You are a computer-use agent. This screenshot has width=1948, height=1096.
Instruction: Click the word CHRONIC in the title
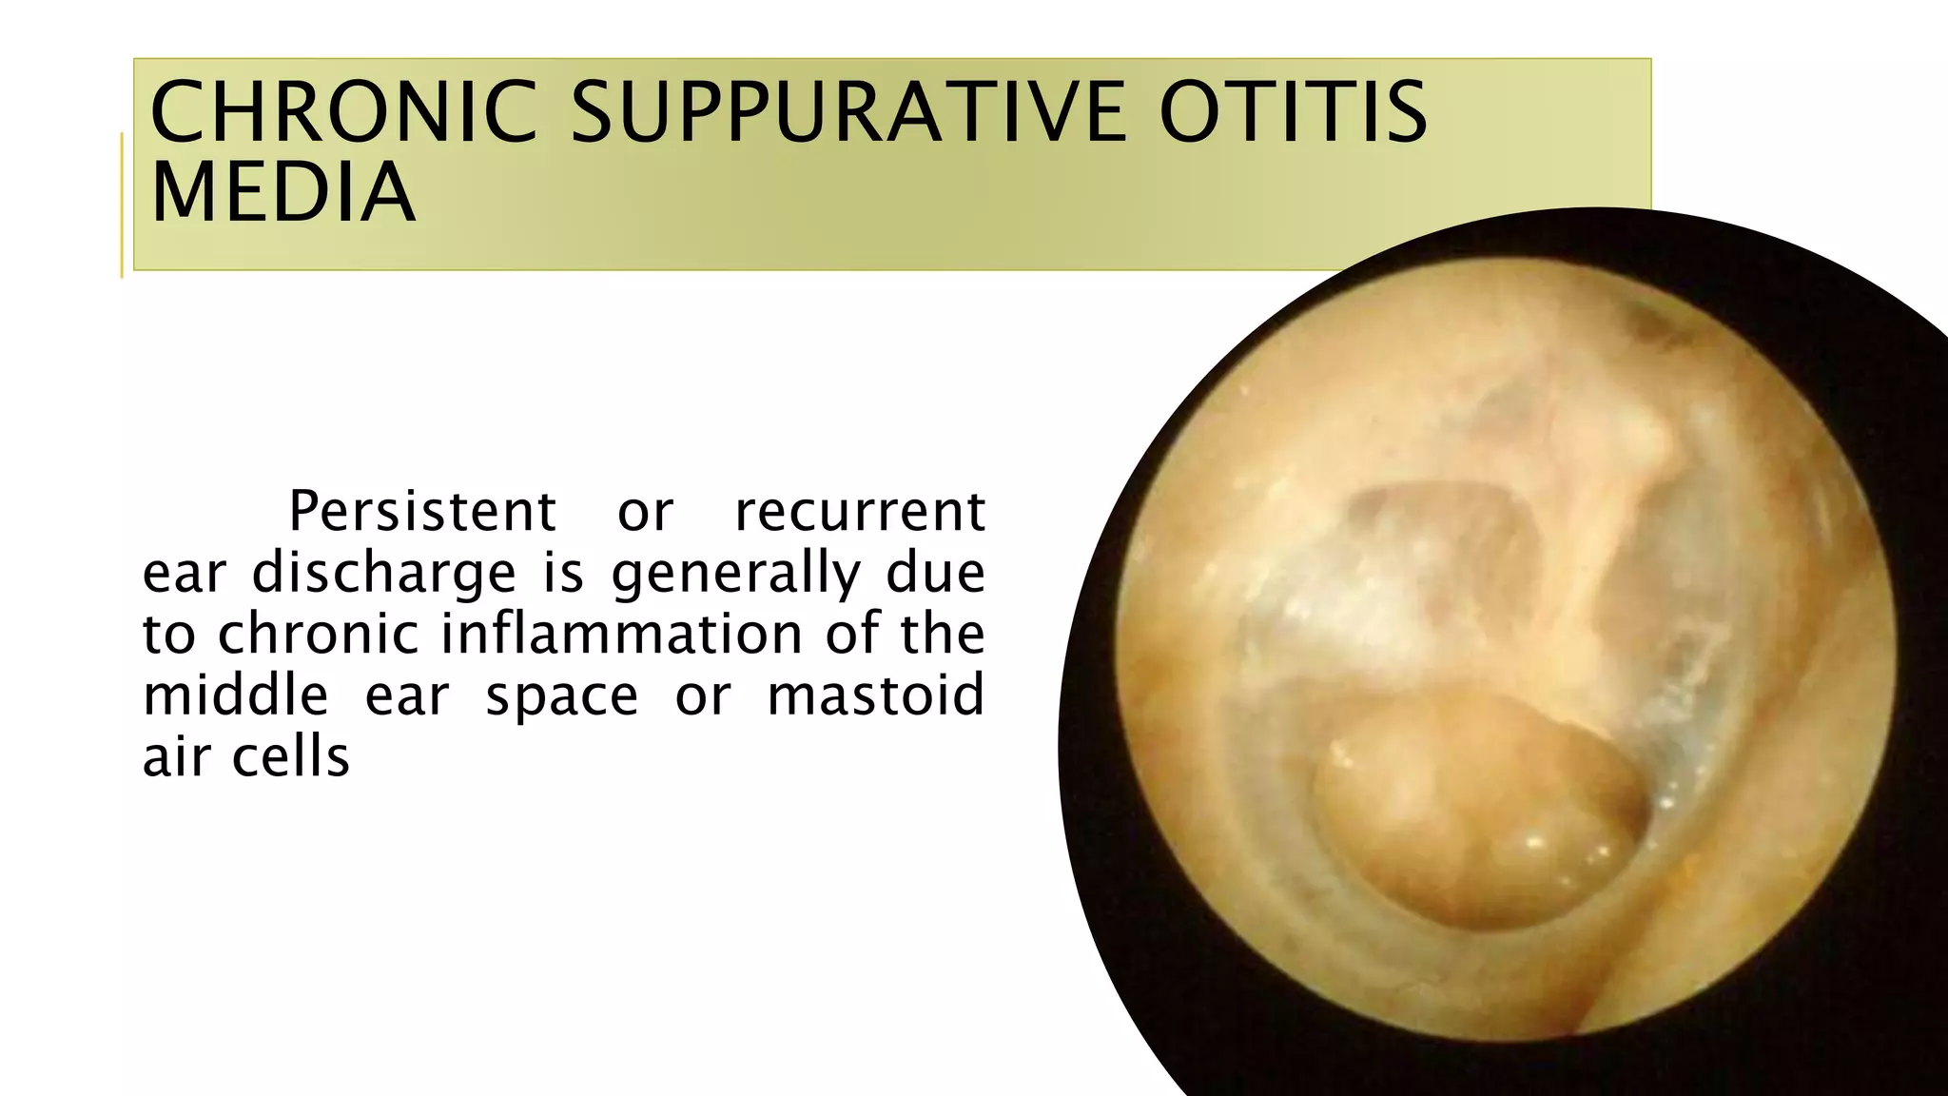pyautogui.click(x=344, y=112)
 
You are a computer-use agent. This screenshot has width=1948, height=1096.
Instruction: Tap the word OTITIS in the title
pyautogui.click(x=1293, y=112)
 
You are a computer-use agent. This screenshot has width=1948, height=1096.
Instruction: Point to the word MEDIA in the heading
pyautogui.click(x=283, y=193)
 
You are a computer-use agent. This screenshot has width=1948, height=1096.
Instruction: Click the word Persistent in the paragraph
pyautogui.click(x=421, y=512)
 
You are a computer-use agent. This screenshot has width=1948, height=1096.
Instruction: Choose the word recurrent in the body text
pyautogui.click(x=860, y=512)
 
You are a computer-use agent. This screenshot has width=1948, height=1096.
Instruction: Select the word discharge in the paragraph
pyautogui.click(x=383, y=574)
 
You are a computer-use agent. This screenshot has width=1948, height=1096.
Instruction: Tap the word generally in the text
pyautogui.click(x=735, y=574)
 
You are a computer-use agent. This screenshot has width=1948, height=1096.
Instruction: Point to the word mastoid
pyautogui.click(x=875, y=695)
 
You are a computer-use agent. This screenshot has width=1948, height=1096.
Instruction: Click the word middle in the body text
pyautogui.click(x=235, y=695)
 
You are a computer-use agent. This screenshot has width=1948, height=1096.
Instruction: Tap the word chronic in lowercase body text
pyautogui.click(x=318, y=635)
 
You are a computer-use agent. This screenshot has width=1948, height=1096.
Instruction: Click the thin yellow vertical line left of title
pyautogui.click(x=122, y=205)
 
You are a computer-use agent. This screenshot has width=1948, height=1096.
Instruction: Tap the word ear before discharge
pyautogui.click(x=184, y=574)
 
